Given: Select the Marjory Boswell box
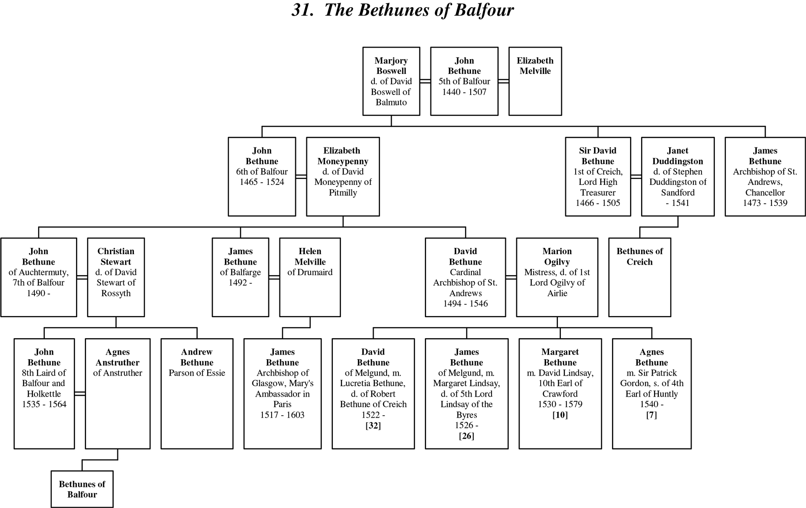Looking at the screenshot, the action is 391,81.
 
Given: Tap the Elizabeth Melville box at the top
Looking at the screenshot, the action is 535,81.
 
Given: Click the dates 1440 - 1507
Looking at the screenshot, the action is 464,92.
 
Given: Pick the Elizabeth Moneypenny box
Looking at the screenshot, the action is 343,176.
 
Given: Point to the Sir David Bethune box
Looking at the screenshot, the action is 598,176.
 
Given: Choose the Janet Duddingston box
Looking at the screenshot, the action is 678,176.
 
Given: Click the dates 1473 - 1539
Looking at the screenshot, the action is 765,203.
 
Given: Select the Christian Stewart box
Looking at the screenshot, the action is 116,277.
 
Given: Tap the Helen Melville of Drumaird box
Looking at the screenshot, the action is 310,277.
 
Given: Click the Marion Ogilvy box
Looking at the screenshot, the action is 557,277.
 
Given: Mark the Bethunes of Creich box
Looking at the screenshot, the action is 640,277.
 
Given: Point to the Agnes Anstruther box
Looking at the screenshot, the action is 118,394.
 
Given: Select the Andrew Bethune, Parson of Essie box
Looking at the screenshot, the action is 197,394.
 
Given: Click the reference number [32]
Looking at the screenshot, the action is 373,425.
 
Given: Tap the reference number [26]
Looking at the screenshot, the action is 466,436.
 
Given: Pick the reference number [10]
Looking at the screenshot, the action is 560,415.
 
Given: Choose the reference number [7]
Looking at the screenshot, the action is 652,415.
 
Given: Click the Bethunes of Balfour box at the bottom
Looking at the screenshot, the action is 82,489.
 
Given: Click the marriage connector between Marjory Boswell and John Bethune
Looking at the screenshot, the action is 425,81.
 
